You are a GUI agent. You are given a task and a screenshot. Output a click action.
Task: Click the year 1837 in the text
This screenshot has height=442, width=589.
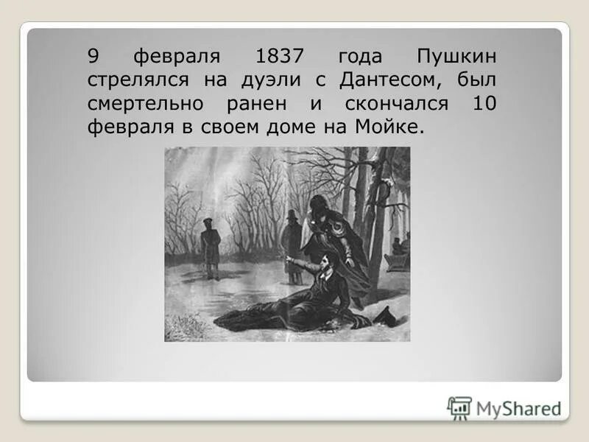(285, 57)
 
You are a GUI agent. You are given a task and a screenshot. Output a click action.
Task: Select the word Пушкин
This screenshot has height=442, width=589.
(456, 57)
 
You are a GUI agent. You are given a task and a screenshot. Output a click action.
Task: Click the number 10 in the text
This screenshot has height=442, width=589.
(483, 104)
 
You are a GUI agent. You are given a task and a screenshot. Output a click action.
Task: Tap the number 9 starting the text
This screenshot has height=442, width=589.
(94, 57)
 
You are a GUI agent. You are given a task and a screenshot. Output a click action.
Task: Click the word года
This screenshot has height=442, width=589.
(362, 57)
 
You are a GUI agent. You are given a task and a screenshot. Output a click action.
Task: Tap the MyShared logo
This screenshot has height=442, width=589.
(504, 407)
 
